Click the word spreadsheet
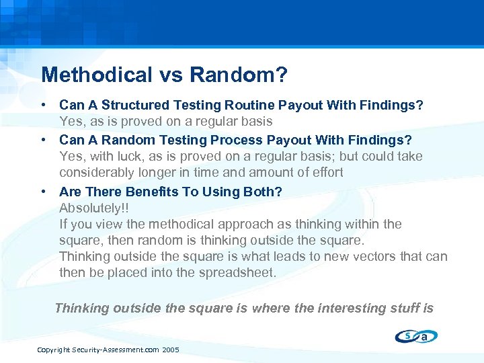(x=237, y=272)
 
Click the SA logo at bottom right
(x=417, y=336)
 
